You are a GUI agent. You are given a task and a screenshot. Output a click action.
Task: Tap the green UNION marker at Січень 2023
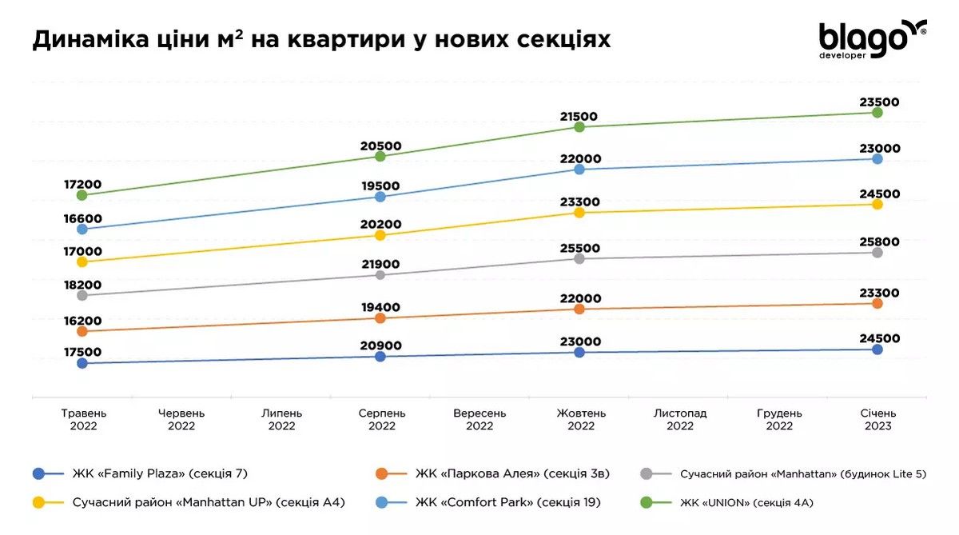[877, 113]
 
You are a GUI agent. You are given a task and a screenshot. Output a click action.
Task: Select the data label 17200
[82, 184]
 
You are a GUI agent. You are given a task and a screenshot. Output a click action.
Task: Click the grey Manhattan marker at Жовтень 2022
[580, 259]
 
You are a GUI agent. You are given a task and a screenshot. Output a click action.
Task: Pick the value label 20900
[381, 345]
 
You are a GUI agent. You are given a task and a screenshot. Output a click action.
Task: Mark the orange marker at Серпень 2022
[380, 318]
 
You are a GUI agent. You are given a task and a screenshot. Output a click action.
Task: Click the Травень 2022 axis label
[83, 420]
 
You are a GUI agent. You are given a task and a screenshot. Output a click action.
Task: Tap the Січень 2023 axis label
[877, 420]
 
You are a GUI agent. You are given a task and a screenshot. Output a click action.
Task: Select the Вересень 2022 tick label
[479, 420]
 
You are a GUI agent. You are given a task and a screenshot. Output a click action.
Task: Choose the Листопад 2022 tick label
[679, 420]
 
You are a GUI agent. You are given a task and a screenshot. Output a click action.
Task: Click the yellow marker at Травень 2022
[82, 262]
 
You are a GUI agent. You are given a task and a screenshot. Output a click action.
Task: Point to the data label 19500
[380, 186]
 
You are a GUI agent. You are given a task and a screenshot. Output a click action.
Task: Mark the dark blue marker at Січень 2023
[877, 349]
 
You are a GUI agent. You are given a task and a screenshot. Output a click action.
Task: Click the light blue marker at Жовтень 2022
[580, 170]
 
